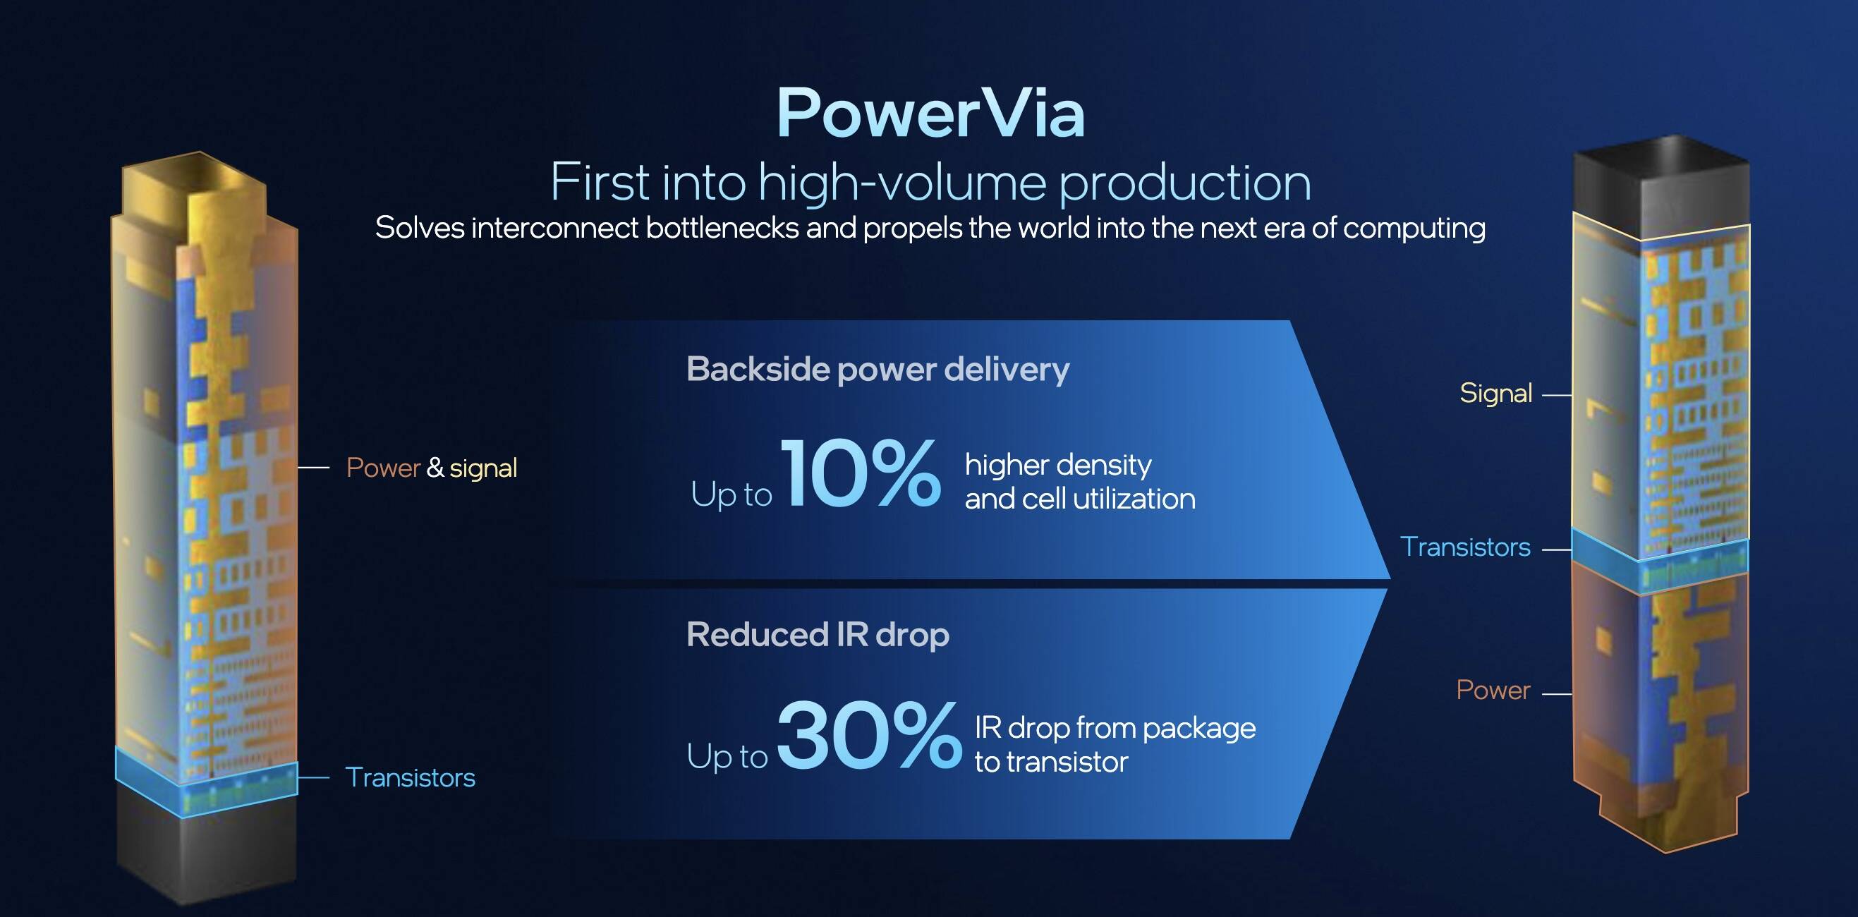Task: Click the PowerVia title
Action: coord(930,114)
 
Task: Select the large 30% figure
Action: coord(868,735)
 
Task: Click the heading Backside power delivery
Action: coord(878,370)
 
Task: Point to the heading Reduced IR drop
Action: coord(818,635)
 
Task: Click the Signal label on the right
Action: coord(1496,393)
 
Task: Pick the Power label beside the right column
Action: coord(1493,691)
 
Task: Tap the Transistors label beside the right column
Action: coord(1465,547)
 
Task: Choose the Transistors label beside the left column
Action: coord(411,778)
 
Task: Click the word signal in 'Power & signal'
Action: coord(483,469)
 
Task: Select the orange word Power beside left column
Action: coord(383,468)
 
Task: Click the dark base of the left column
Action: coord(207,851)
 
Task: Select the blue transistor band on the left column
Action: coord(206,782)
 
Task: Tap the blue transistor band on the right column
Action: coord(1660,561)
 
